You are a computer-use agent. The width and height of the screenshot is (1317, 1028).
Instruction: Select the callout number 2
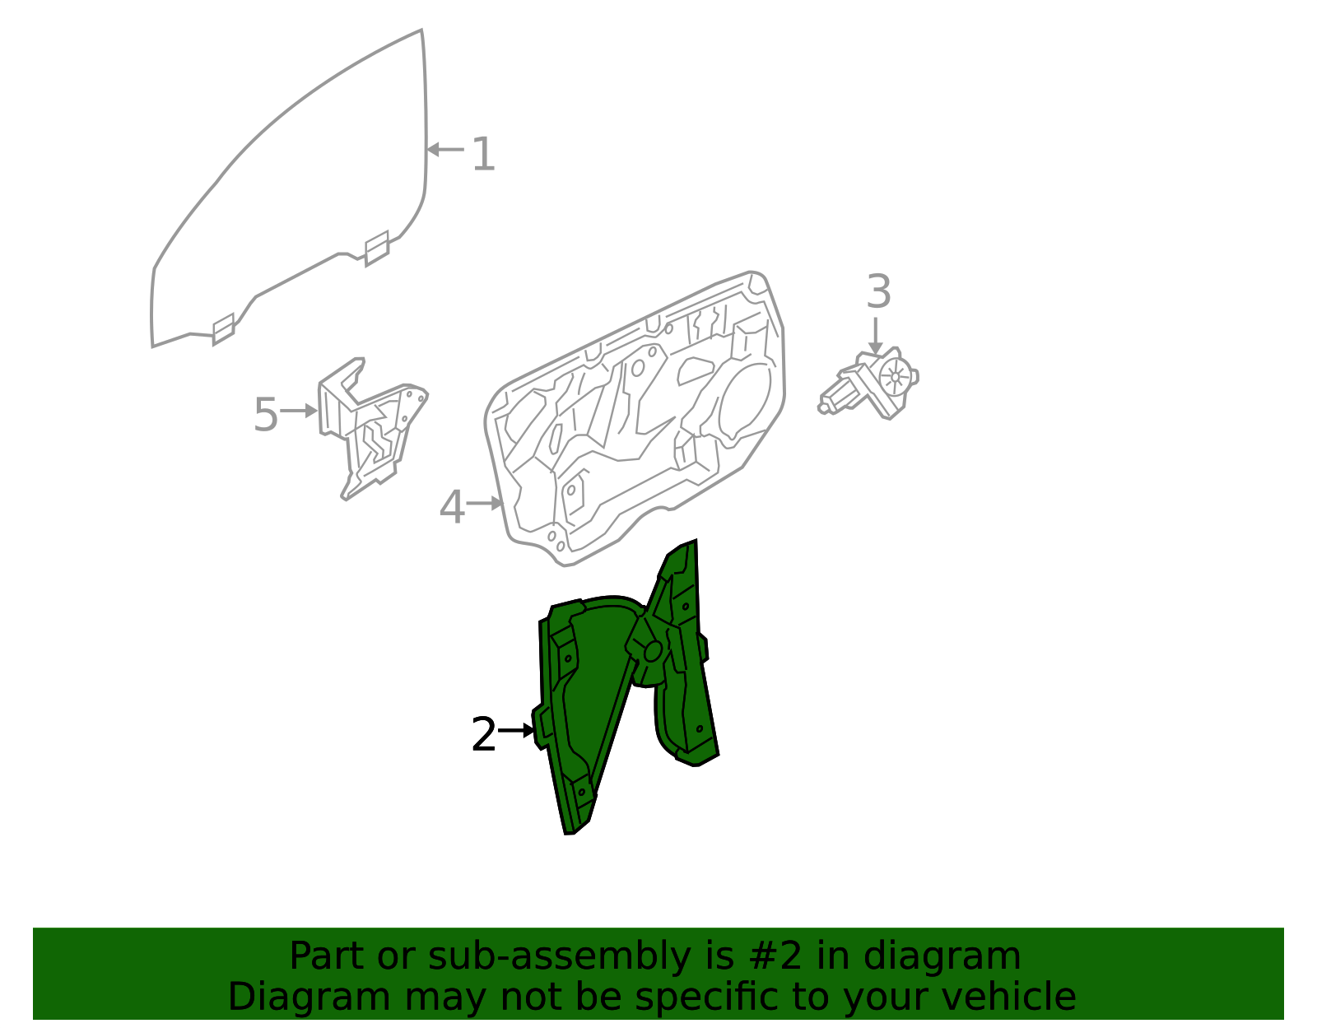483,734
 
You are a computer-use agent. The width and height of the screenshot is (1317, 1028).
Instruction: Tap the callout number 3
878,291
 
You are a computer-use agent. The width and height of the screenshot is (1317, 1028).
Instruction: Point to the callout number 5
266,414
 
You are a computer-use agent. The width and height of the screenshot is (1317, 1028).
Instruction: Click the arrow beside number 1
445,149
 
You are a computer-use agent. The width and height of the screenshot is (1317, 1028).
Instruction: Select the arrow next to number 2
516,730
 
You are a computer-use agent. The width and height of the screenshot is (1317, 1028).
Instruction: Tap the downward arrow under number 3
874,336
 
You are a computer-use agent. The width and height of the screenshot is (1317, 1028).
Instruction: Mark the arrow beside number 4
485,503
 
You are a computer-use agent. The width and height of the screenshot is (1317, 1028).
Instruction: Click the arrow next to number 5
299,411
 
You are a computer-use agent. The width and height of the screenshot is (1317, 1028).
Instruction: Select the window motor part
868,383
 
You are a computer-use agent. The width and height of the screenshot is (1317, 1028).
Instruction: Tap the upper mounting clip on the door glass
376,249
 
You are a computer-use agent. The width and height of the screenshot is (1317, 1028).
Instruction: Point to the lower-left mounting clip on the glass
223,329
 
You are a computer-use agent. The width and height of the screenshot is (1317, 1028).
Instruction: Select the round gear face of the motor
896,377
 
